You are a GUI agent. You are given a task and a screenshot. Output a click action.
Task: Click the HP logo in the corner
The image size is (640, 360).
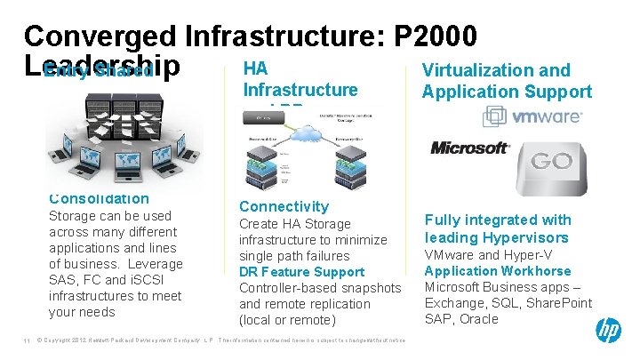pos(609,331)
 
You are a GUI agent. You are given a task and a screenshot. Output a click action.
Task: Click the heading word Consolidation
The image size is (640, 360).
pos(99,198)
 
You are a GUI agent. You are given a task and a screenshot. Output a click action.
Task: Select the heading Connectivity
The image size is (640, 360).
pos(284,206)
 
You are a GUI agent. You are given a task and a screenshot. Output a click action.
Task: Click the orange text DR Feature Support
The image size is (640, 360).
pos(301,272)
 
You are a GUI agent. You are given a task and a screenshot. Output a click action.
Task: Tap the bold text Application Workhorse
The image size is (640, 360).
pos(497,271)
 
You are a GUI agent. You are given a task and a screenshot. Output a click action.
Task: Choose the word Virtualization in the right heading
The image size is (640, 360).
pos(476,71)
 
